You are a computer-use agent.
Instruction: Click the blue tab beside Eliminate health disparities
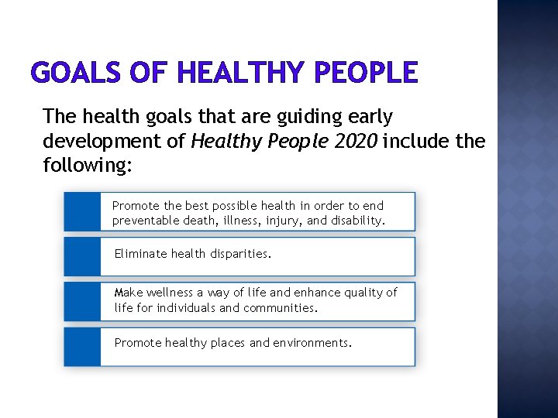[x=82, y=256]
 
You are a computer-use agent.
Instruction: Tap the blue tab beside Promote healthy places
[x=82, y=346]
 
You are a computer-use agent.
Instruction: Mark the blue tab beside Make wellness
[x=82, y=301]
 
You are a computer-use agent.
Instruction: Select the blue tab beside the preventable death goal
[x=82, y=211]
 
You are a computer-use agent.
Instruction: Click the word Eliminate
[x=140, y=253]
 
